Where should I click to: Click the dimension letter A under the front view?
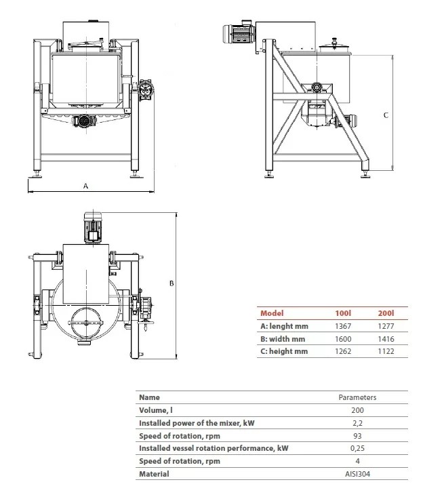click(x=85, y=185)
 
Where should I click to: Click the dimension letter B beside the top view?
click(x=172, y=283)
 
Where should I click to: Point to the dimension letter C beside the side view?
click(x=386, y=115)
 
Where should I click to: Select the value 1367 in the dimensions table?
click(x=345, y=326)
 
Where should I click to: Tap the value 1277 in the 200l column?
click(x=386, y=326)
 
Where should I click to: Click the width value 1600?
click(x=345, y=338)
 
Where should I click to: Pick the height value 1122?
click(x=386, y=351)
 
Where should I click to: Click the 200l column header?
click(x=385, y=313)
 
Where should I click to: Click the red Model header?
click(x=272, y=313)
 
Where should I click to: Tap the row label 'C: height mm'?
click(x=284, y=351)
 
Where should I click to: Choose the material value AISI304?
click(x=357, y=474)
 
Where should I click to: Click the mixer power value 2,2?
click(x=357, y=423)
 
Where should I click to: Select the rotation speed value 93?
click(x=357, y=435)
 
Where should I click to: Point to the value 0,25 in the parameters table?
click(x=357, y=448)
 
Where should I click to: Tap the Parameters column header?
click(x=357, y=398)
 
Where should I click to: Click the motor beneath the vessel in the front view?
click(x=83, y=121)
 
